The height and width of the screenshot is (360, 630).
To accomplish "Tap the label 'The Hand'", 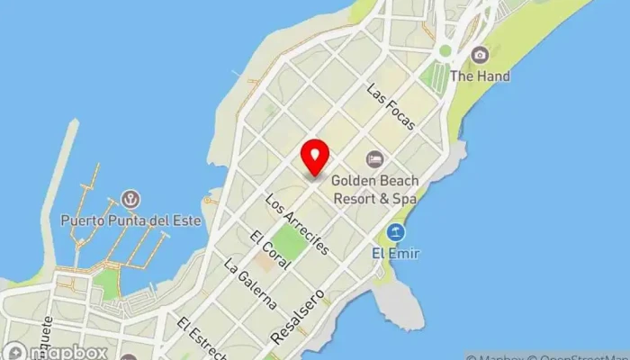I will pyautogui.click(x=480, y=76).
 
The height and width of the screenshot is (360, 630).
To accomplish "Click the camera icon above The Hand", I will pyautogui.click(x=480, y=55).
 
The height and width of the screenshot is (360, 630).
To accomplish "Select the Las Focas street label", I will pyautogui.click(x=390, y=107).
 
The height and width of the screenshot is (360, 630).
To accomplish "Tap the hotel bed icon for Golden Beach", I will pyautogui.click(x=374, y=158).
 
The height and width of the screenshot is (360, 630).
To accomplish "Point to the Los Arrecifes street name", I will pyautogui.click(x=298, y=222).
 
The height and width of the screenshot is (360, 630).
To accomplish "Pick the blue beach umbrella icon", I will pyautogui.click(x=394, y=233).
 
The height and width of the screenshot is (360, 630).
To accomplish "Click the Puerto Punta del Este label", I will pyautogui.click(x=130, y=219).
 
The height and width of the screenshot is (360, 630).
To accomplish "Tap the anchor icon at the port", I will pyautogui.click(x=130, y=198).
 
